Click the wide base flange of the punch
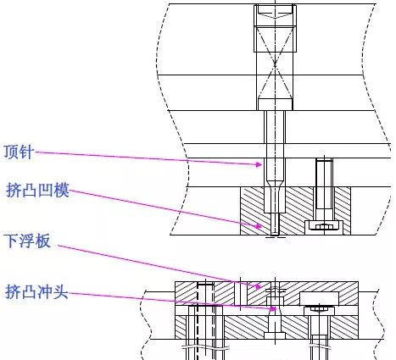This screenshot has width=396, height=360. tap(273, 336)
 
